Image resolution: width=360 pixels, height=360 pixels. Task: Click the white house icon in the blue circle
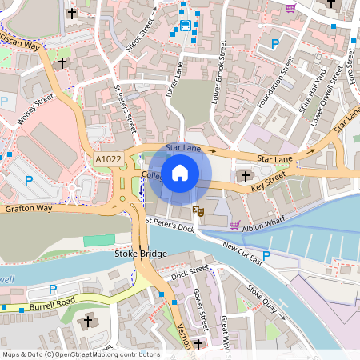pos(180,172)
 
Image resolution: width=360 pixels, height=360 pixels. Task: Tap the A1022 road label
pos(109,159)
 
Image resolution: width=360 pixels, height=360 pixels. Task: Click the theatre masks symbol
pos(198,211)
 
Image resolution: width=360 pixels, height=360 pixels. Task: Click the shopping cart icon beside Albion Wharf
pos(235,225)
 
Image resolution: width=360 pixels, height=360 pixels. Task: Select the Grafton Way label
pos(28,209)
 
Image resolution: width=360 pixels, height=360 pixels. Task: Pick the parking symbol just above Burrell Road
pos(54,289)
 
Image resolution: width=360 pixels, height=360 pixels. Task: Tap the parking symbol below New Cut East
pos(267,257)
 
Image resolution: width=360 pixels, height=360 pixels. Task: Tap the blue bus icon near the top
pos(186,26)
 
